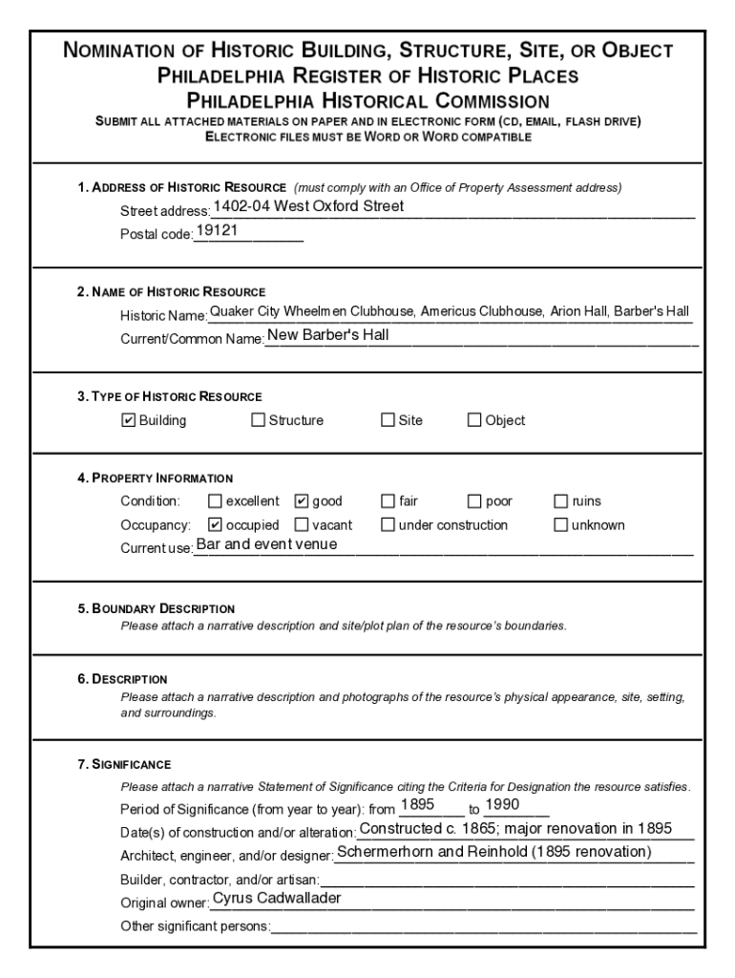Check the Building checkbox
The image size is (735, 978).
click(x=129, y=420)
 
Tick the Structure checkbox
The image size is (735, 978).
click(x=258, y=420)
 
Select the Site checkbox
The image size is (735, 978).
click(x=388, y=420)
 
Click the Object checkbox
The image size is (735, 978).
click(x=474, y=420)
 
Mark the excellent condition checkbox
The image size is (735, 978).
click(x=215, y=500)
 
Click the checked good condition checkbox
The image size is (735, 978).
click(x=302, y=500)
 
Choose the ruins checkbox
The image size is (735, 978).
click(x=561, y=500)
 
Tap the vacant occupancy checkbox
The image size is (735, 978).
click(x=302, y=524)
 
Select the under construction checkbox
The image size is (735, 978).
click(x=388, y=524)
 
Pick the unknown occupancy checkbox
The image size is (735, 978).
click(x=561, y=524)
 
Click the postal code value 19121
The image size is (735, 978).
click(x=217, y=231)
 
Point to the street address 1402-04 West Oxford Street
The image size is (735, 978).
click(x=308, y=206)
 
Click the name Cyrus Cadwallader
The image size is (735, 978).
click(x=277, y=898)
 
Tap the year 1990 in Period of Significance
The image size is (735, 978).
click(x=502, y=804)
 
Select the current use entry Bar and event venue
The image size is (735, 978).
click(x=266, y=544)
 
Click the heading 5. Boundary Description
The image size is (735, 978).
click(x=157, y=608)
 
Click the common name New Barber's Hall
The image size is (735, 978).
click(x=327, y=335)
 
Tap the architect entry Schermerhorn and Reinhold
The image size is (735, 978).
click(x=494, y=852)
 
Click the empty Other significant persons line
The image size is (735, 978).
click(x=482, y=926)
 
